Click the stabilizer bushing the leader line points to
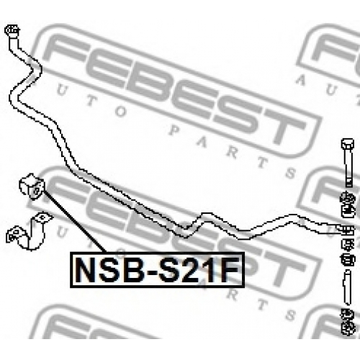pos(32,186)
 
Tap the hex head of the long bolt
pos(348,143)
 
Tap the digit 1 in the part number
pos(212,270)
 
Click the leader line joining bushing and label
pos(75,221)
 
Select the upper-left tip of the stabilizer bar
pos(12,30)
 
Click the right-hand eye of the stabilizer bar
pos(346,230)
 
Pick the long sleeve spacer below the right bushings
pos(348,287)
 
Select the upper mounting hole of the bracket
pos(42,217)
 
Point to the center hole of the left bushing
pos(36,191)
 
